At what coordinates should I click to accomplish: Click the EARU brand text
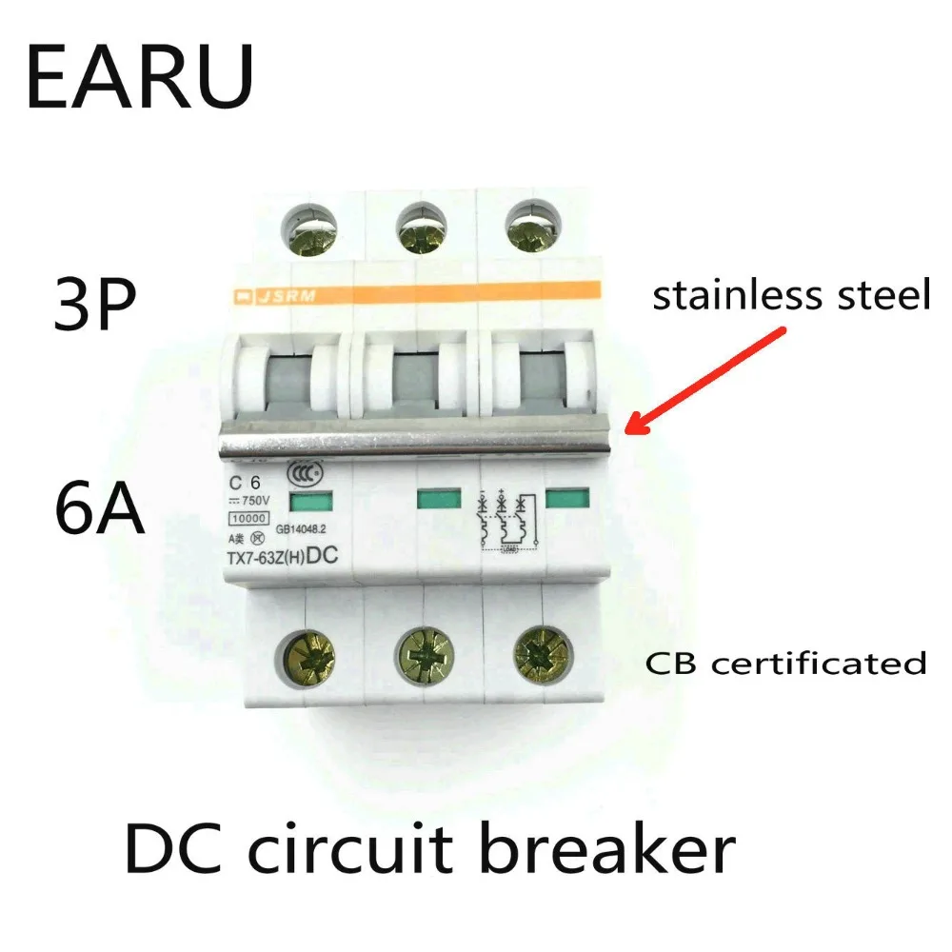click(x=140, y=76)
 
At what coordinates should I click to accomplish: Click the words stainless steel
click(x=789, y=296)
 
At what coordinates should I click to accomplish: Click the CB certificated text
click(x=786, y=663)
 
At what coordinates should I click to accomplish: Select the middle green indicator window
click(x=438, y=498)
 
